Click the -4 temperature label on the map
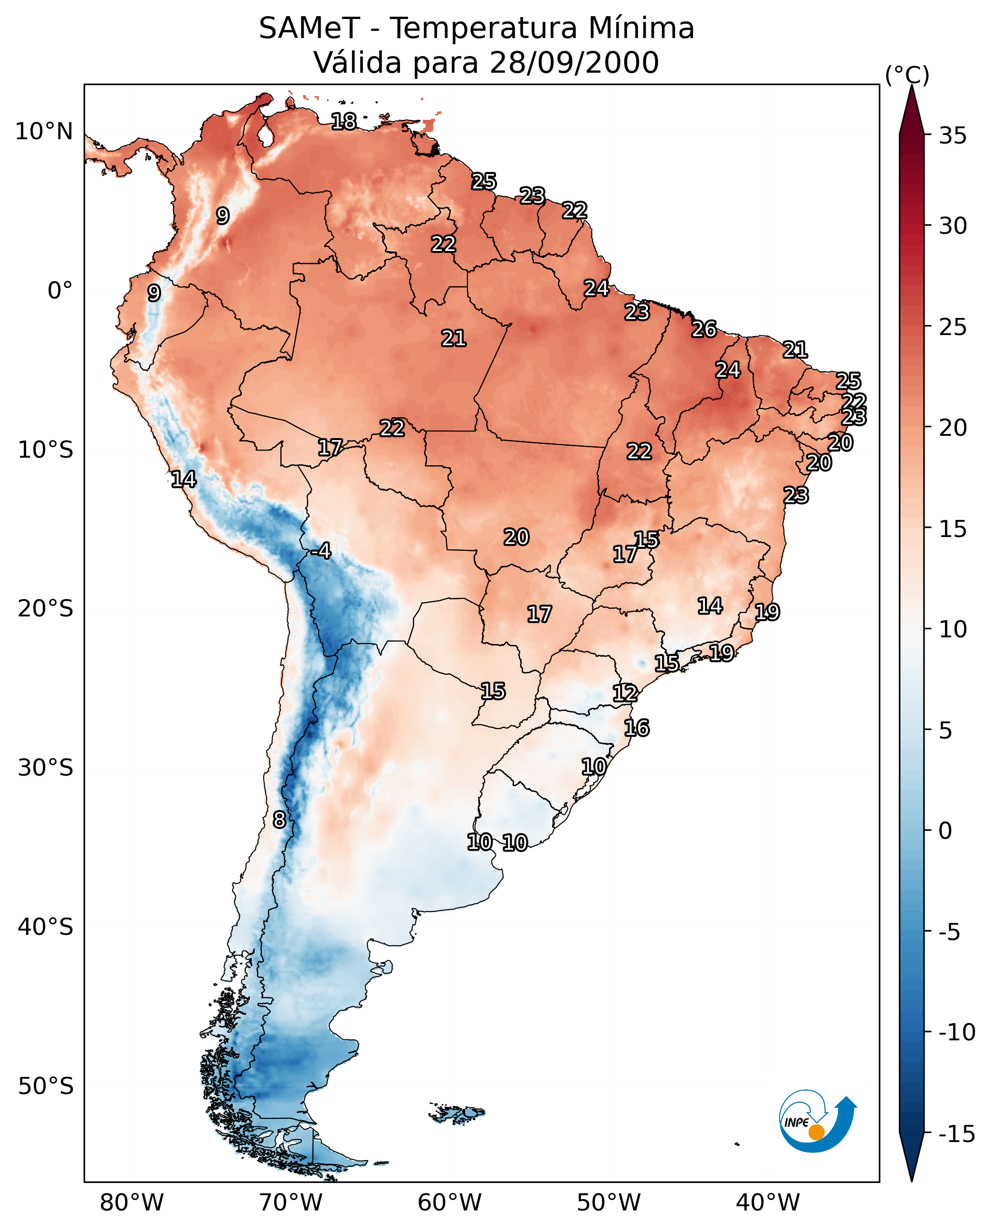click(x=321, y=551)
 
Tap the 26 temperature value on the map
click(x=704, y=329)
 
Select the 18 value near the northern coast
click(x=343, y=121)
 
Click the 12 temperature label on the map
click(x=625, y=693)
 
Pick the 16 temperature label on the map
click(x=637, y=728)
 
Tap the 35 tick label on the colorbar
click(x=953, y=136)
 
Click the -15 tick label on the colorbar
click(x=957, y=1134)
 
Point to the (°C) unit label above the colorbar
click(x=907, y=75)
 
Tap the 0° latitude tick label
click(x=60, y=291)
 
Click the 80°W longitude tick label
click(x=132, y=1202)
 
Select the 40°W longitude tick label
click(x=768, y=1202)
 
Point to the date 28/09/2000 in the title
click(x=574, y=63)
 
